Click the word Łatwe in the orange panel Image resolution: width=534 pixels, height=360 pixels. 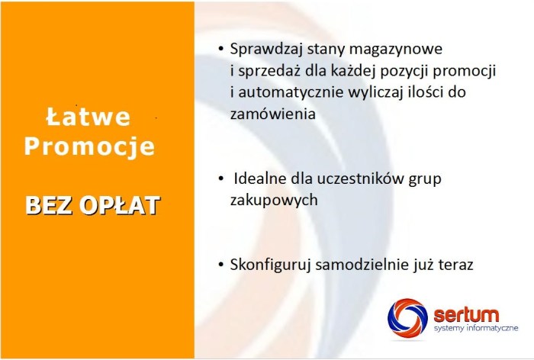[88, 117]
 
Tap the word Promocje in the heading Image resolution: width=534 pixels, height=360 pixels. [88, 146]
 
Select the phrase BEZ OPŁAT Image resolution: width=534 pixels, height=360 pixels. [92, 205]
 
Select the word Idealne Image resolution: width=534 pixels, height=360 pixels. [260, 179]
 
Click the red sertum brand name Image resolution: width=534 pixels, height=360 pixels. [466, 313]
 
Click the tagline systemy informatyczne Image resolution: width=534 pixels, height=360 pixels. [474, 328]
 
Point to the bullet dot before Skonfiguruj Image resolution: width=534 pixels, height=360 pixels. [221, 265]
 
